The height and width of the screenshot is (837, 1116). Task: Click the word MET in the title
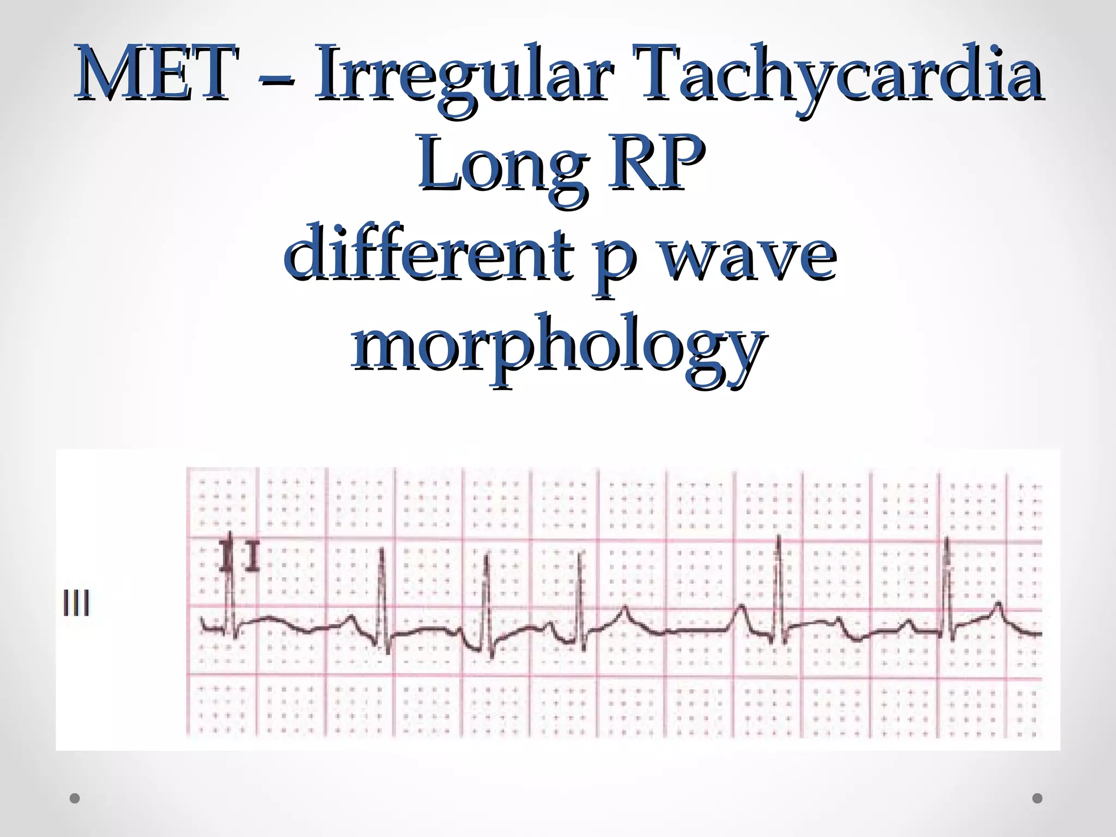click(x=157, y=74)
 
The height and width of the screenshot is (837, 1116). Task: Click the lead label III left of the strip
click(x=76, y=603)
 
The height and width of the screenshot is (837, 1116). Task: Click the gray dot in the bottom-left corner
click(x=75, y=798)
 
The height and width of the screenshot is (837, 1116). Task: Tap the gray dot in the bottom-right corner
click(x=1038, y=798)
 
